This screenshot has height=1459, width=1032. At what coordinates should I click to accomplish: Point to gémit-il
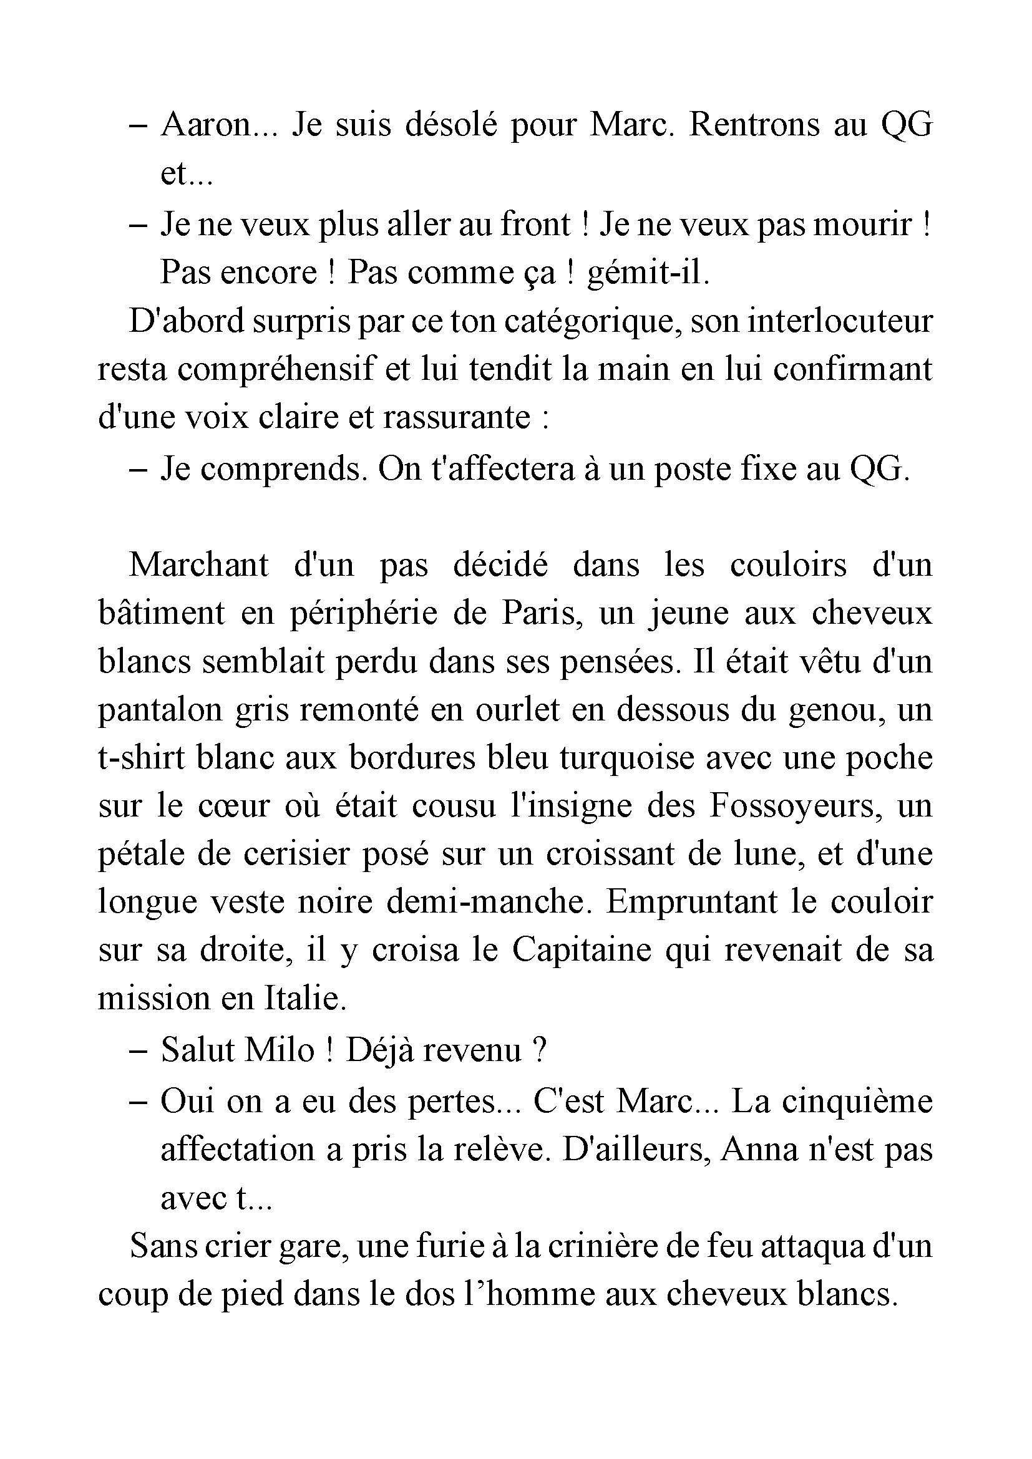pos(648,273)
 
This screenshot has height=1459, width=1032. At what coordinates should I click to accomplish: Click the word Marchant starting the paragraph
pos(199,565)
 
